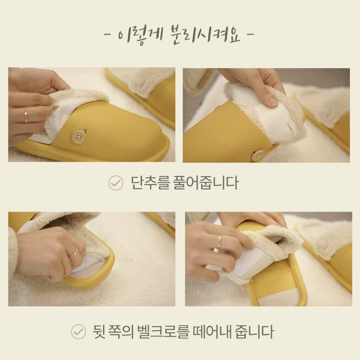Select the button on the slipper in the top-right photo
click(x=257, y=155)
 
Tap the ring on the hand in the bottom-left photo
click(x=74, y=252)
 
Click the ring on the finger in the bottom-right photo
click(x=219, y=241)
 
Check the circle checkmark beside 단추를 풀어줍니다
click(x=115, y=183)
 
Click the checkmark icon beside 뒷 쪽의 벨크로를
click(x=78, y=332)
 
